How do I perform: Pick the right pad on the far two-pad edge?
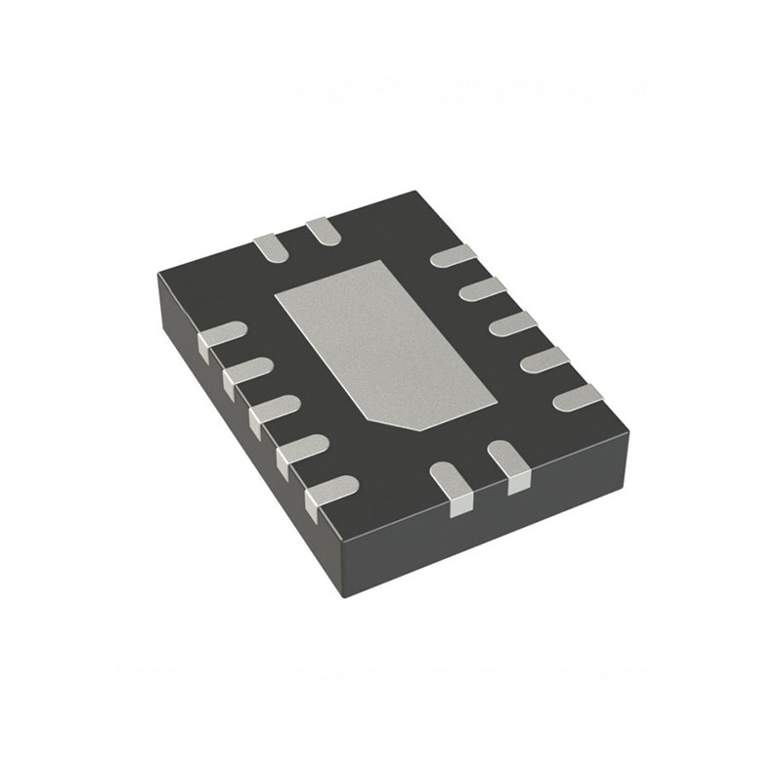click(x=323, y=231)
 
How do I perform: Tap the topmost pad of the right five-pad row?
click(x=453, y=256)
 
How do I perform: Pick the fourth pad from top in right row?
click(x=544, y=360)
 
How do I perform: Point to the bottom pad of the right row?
click(x=578, y=397)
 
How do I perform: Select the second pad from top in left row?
click(x=246, y=373)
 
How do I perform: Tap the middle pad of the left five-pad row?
click(x=273, y=411)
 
